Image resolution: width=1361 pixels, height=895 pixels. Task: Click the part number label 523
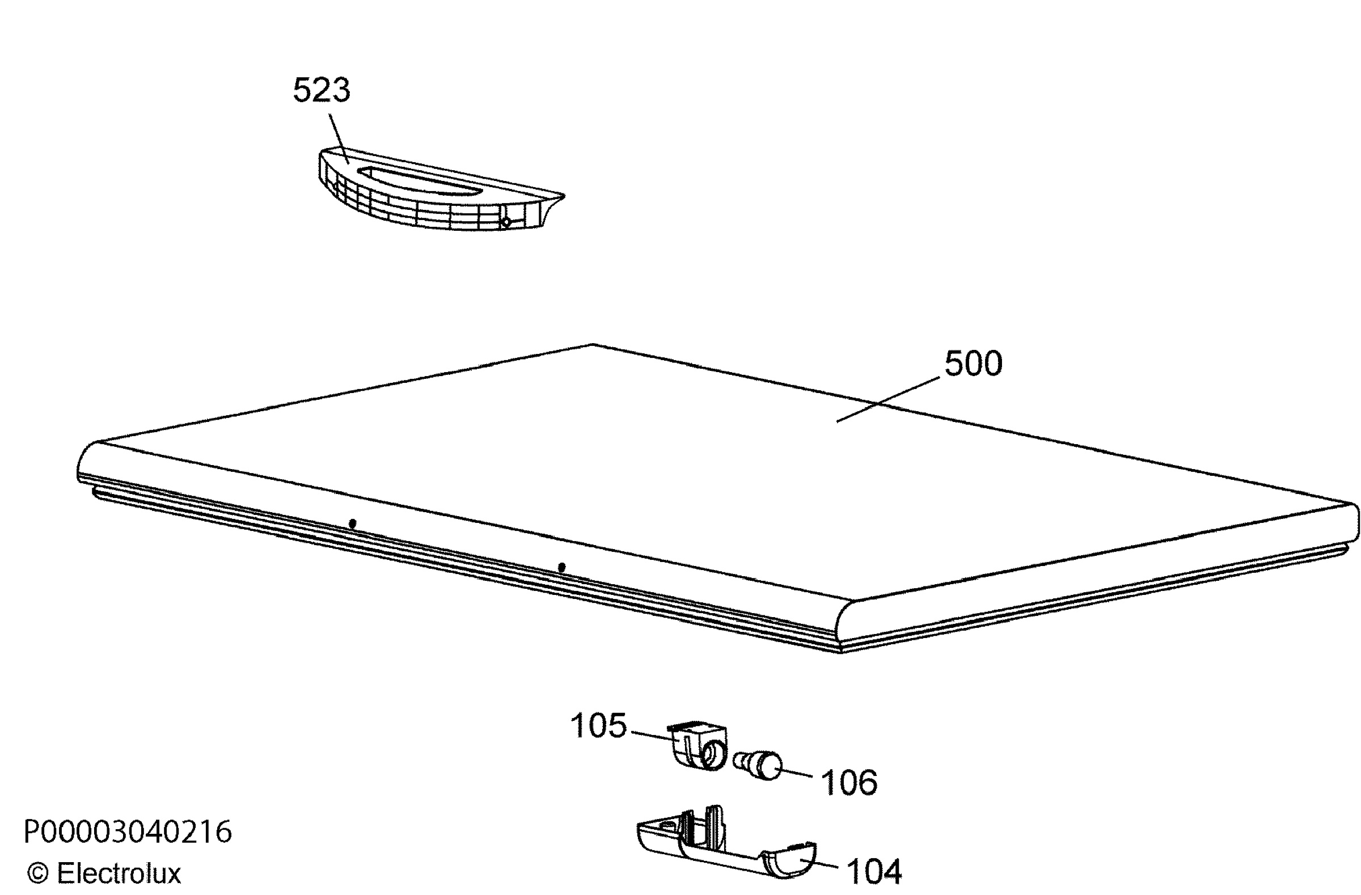pyautogui.click(x=322, y=90)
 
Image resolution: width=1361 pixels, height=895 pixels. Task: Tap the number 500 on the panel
pyautogui.click(x=973, y=364)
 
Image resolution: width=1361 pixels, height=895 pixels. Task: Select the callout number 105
pyautogui.click(x=598, y=727)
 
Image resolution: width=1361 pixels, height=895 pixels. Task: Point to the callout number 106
pyautogui.click(x=849, y=782)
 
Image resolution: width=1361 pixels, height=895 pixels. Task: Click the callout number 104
pyautogui.click(x=874, y=872)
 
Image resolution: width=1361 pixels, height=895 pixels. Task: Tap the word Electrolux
pyautogui.click(x=119, y=873)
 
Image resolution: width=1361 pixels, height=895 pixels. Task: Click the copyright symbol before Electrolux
pyautogui.click(x=38, y=874)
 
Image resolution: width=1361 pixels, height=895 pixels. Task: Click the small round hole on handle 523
pyautogui.click(x=505, y=222)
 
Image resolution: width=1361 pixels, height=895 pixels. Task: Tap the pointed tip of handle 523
pyautogui.click(x=564, y=197)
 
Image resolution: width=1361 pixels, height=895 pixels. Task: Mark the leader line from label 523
pyautogui.click(x=339, y=138)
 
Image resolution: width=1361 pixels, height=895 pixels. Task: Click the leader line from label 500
pyautogui.click(x=888, y=399)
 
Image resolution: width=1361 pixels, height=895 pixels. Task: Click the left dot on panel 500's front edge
pyautogui.click(x=353, y=524)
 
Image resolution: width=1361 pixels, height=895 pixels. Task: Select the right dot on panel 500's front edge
pyautogui.click(x=562, y=567)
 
